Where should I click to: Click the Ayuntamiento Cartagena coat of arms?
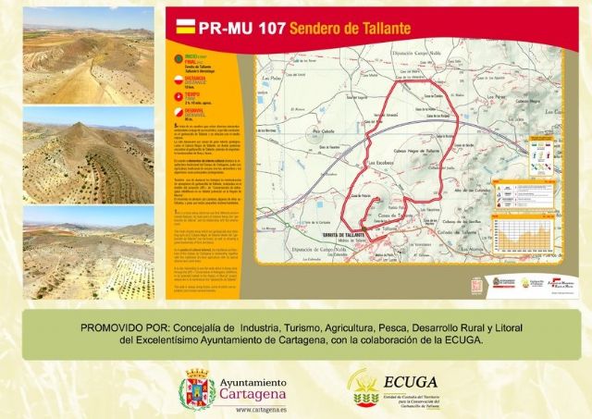click(x=196, y=388)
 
